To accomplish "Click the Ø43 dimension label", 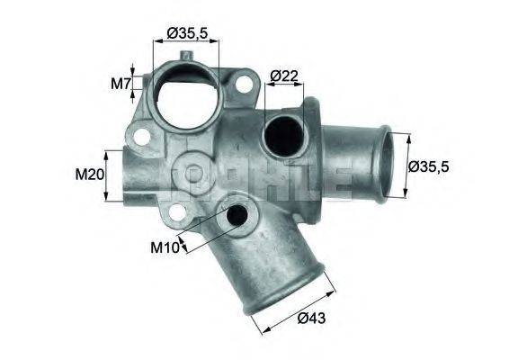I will [312, 317].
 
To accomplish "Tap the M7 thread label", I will [121, 84].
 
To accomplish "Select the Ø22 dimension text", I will [283, 76].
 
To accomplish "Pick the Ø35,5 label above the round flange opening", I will [187, 33].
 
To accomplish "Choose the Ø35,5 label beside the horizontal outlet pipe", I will [429, 166].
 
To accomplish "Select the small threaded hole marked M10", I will [237, 217].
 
